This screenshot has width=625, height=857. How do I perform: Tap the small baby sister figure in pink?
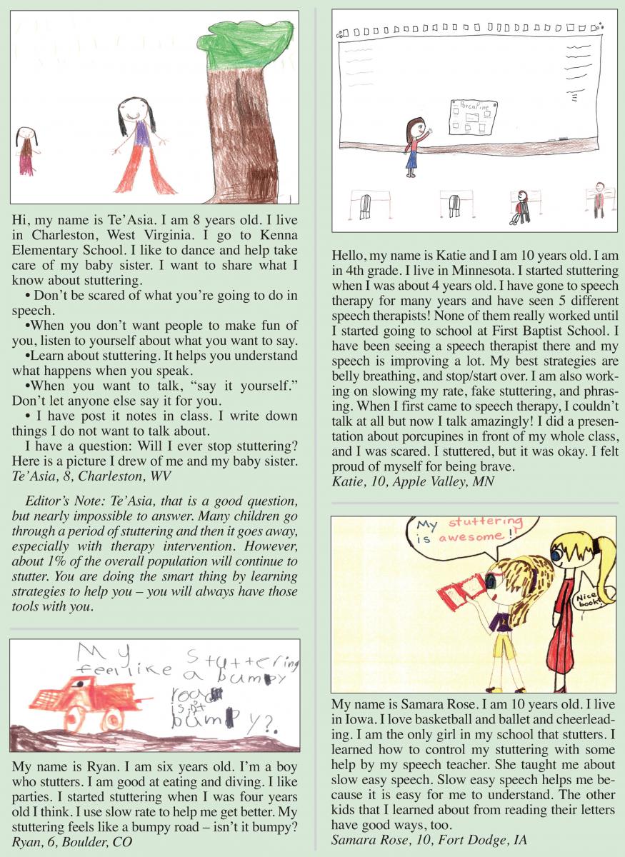point(26,151)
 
